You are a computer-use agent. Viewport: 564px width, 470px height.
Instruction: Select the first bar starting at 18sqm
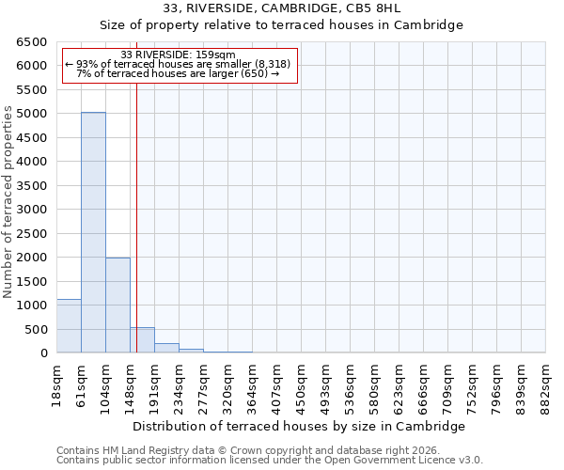69,326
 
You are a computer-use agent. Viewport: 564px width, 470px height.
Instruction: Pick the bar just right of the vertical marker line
142,340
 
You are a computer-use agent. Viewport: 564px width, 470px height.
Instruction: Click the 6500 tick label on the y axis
31,42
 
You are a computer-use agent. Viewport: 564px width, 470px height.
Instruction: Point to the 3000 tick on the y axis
31,210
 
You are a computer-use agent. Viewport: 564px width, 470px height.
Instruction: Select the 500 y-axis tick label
35,330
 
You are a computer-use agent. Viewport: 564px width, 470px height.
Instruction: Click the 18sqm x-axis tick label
57,381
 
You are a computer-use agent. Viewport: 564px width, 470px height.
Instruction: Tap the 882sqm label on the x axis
546,381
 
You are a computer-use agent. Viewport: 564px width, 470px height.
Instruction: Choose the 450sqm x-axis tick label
302,381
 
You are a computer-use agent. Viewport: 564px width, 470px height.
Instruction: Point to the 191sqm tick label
155,381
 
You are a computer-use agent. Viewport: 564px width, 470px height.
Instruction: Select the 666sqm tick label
424,381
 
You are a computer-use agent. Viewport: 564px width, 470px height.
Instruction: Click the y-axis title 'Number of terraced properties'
8,202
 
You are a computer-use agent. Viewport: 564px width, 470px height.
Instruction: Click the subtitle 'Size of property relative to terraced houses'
281,25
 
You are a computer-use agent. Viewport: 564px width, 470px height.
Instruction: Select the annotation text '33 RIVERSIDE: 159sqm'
179,55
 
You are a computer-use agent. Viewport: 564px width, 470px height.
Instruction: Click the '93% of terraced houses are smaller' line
179,64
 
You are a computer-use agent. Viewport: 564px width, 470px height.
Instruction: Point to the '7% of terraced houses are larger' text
179,73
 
